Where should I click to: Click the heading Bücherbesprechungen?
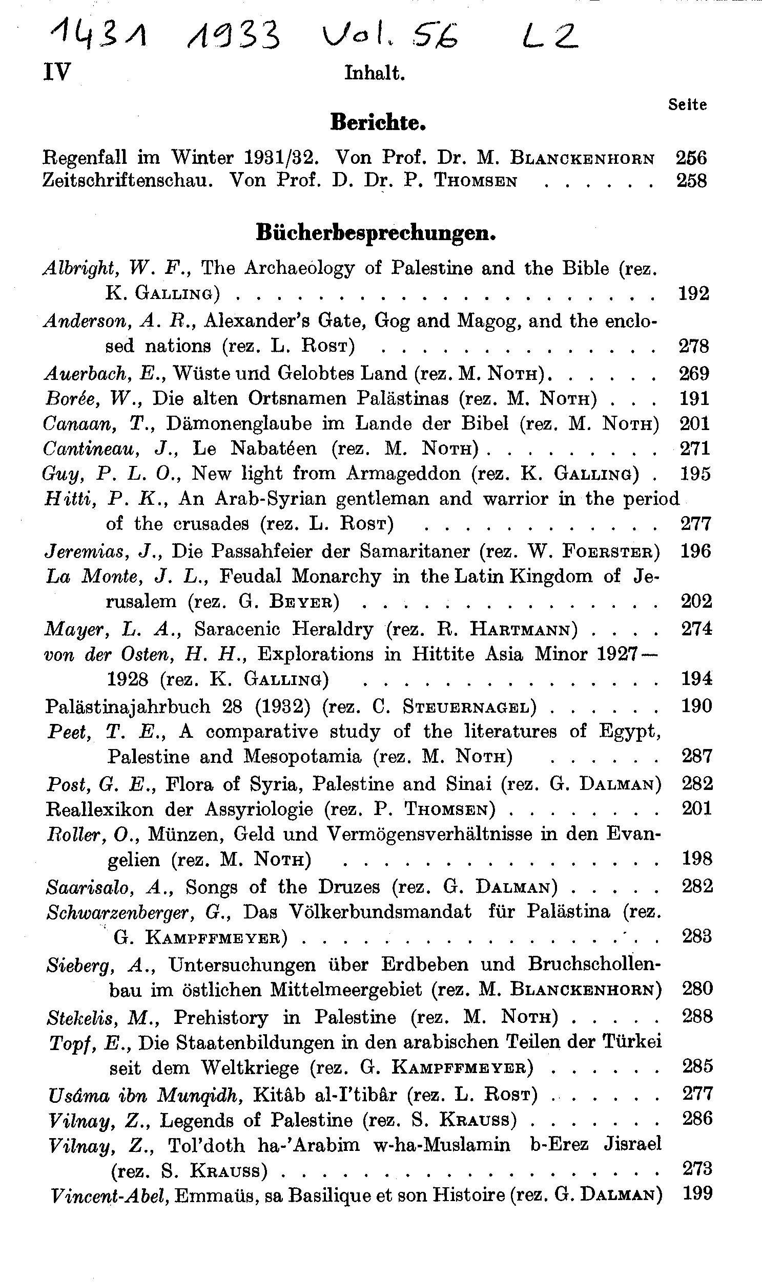click(x=376, y=233)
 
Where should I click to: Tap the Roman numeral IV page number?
click(x=56, y=72)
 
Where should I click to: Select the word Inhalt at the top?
click(x=374, y=73)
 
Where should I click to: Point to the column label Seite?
click(x=687, y=104)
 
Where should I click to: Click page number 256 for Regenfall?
click(x=691, y=158)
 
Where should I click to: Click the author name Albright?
click(x=77, y=268)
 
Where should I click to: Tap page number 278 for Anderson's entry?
click(x=694, y=346)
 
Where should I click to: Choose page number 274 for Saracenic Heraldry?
click(x=696, y=628)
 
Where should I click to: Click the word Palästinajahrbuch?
click(x=128, y=707)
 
